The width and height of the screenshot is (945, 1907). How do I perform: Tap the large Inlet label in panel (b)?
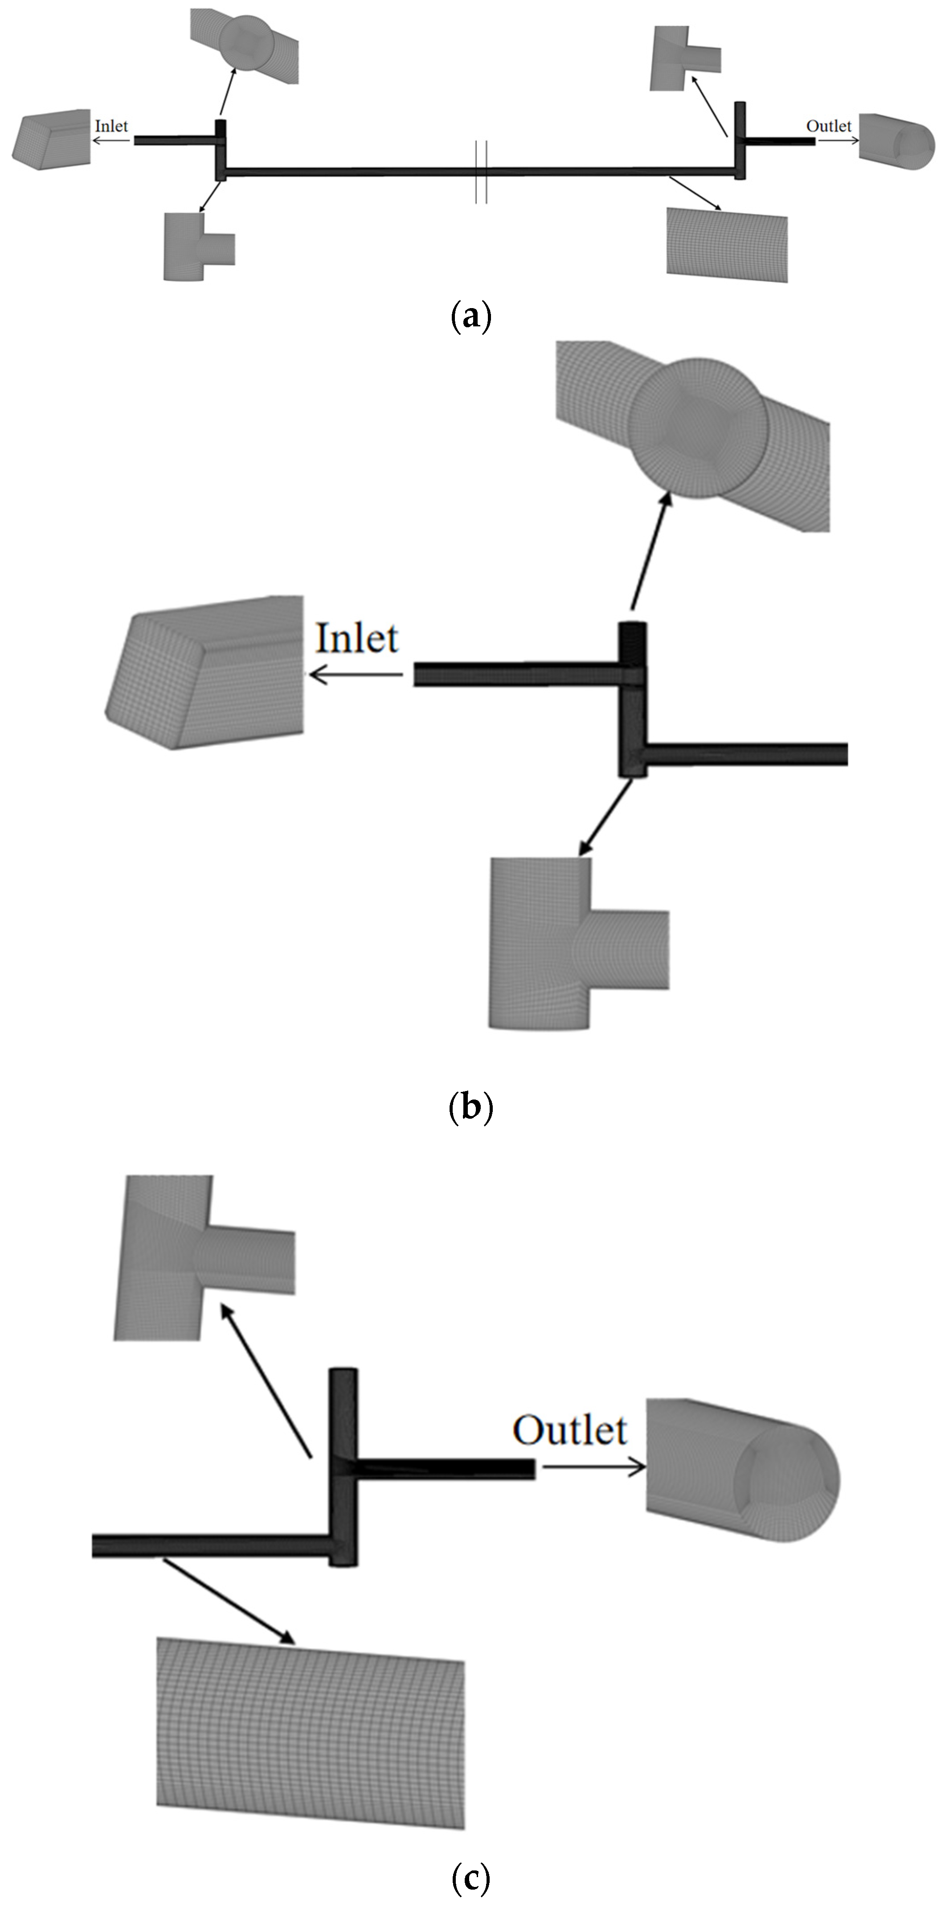coord(357,638)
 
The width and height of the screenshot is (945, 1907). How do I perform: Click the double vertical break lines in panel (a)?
coord(481,171)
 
